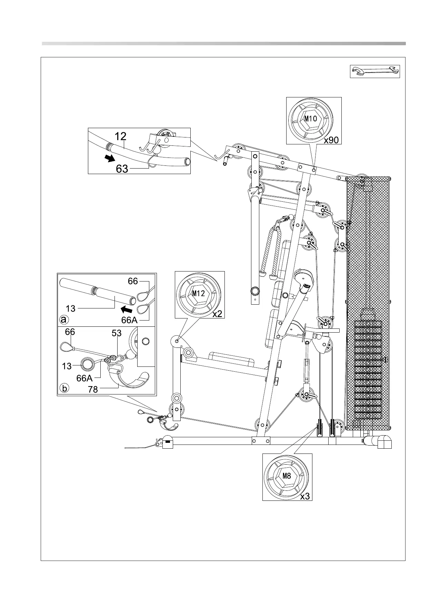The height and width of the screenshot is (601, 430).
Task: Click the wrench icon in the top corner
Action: [x=375, y=71]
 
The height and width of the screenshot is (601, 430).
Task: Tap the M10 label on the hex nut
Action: [x=310, y=119]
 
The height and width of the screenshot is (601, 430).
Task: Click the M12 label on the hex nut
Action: [x=199, y=294]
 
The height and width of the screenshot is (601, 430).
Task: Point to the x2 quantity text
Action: [x=217, y=314]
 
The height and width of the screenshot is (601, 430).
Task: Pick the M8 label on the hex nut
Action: [x=287, y=476]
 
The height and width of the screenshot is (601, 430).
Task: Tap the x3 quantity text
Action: [x=304, y=496]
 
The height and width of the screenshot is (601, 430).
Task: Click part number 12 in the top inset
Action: [x=120, y=136]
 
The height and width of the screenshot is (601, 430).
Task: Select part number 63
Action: [x=122, y=169]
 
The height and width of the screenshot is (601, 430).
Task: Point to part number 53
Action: [x=117, y=333]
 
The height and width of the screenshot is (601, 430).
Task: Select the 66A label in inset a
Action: [x=129, y=320]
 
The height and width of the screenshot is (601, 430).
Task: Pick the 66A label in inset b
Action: [x=84, y=378]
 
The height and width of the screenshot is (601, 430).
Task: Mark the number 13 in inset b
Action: [x=67, y=366]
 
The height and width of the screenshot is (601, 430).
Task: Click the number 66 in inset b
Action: [x=70, y=332]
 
